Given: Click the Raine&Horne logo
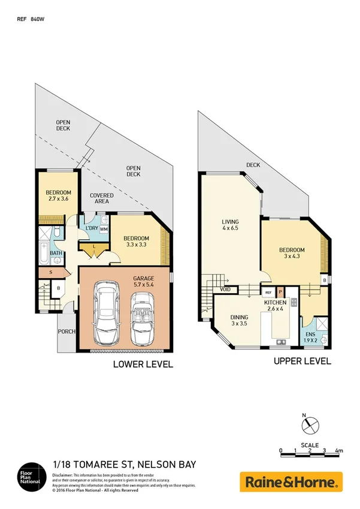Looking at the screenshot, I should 291,481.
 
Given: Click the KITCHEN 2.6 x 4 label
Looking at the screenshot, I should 277,307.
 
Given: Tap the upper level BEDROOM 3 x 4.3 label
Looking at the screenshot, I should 292,253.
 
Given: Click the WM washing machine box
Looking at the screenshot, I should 104,229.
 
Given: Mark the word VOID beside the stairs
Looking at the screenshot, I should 225,290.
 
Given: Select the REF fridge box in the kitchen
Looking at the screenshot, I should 268,292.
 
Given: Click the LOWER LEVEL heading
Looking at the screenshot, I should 143,364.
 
